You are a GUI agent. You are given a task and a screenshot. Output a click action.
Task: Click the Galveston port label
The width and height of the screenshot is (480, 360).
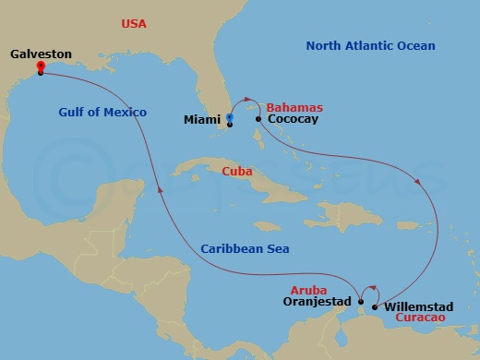(41, 54)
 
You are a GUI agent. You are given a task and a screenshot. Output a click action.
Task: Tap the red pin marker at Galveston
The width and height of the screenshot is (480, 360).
(41, 66)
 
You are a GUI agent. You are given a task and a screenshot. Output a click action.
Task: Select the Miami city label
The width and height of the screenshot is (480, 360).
(203, 119)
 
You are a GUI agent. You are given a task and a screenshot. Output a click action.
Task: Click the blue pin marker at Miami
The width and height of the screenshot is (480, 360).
(230, 117)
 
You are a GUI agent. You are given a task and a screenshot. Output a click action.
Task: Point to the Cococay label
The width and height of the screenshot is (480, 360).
(294, 119)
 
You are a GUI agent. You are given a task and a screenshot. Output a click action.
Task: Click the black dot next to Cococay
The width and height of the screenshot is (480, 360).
(258, 119)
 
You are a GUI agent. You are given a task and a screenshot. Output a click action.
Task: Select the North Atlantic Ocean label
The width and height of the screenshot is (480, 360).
(370, 45)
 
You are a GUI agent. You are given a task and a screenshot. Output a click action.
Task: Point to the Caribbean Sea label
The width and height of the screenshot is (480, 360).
(245, 248)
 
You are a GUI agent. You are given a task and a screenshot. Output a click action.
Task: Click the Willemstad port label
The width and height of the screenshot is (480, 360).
(418, 305)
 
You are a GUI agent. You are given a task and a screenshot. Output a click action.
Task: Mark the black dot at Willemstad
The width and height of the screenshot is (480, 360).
(374, 306)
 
